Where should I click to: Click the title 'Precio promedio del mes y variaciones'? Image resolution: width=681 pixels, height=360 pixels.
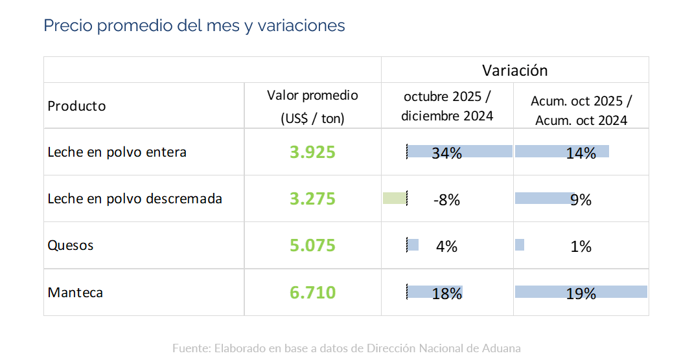(194, 26)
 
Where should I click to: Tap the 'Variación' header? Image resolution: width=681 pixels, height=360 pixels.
(514, 70)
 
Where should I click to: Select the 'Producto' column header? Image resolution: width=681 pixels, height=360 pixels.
(76, 106)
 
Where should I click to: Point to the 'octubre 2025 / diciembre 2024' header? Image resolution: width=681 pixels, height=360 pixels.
(447, 106)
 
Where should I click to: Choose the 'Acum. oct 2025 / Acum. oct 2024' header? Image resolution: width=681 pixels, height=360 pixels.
(581, 111)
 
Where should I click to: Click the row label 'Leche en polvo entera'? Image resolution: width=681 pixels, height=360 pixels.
(117, 152)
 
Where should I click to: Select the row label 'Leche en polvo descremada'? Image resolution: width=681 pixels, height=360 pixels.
(135, 199)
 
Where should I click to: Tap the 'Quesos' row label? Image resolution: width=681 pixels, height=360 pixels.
(71, 245)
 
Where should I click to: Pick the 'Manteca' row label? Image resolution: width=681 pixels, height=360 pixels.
(75, 293)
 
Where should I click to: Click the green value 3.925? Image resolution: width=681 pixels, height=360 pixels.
(312, 153)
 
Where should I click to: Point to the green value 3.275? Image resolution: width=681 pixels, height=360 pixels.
(312, 199)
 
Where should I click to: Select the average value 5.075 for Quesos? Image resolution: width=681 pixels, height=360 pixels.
(312, 246)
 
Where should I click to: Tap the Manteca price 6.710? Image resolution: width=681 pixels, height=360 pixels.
(312, 293)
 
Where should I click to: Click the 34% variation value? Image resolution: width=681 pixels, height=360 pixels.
(446, 153)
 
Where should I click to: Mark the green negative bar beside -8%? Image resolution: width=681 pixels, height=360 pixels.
(395, 198)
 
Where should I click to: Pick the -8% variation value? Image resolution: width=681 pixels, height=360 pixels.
(446, 200)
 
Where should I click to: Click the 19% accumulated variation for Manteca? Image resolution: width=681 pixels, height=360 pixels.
(581, 294)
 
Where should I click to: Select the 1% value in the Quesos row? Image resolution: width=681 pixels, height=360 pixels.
(581, 247)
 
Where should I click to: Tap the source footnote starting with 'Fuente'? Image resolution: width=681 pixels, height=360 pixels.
(346, 348)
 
